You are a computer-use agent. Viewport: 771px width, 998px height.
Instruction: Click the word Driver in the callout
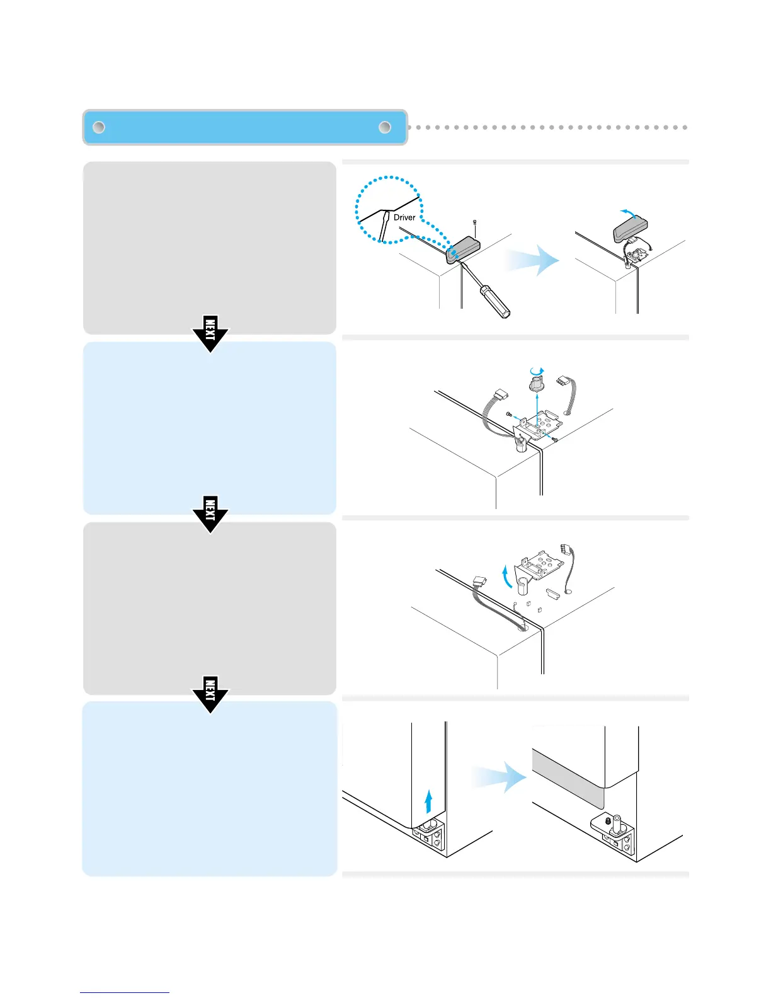(404, 217)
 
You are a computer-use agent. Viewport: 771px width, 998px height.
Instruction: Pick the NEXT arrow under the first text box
(210, 333)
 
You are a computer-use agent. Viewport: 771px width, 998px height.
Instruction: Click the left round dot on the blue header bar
(99, 127)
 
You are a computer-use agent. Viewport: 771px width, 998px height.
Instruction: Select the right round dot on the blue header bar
(385, 127)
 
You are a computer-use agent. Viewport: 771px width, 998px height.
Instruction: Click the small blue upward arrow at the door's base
(428, 802)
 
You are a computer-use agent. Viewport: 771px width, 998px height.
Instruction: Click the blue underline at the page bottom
(125, 992)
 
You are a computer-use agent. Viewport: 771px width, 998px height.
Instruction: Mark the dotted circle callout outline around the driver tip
(357, 208)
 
